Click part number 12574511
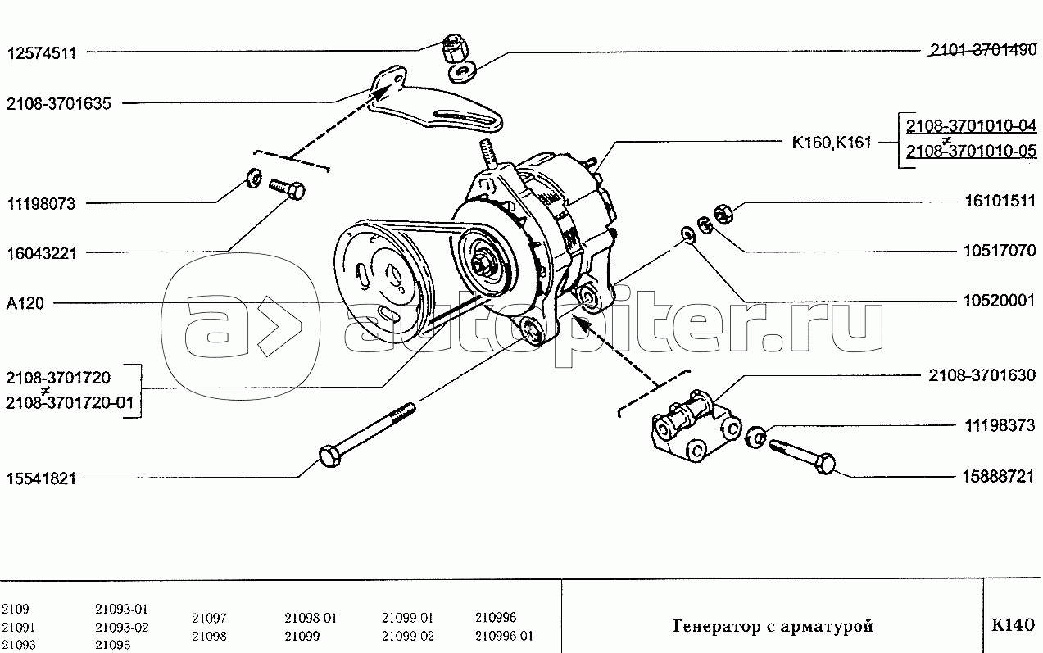[42, 53]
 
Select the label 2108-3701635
[59, 104]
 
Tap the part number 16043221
[42, 254]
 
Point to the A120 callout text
[25, 304]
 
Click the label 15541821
[41, 478]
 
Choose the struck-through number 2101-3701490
[983, 50]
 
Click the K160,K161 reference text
[832, 143]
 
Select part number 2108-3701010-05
[971, 151]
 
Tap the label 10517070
[1000, 251]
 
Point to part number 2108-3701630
[982, 375]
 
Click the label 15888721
[998, 477]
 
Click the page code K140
[1014, 624]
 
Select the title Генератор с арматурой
[773, 627]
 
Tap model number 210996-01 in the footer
[504, 636]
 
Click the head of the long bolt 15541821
[330, 456]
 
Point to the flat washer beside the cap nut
[461, 73]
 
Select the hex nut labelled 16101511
[723, 213]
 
